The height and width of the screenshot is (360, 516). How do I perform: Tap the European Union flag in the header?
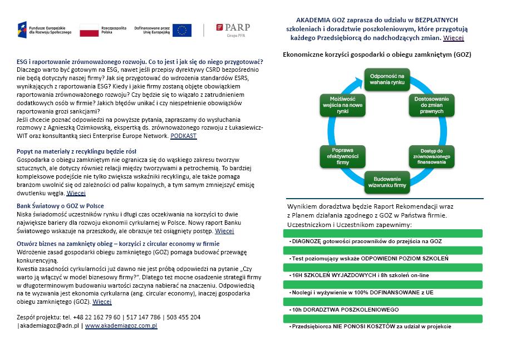pyautogui.click(x=182, y=30)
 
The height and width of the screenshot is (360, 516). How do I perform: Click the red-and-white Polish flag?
pyautogui.click(x=89, y=30)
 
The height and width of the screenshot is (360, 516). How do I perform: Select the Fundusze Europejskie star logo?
pyautogui.click(x=22, y=29)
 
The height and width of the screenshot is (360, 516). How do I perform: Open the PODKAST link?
pyautogui.click(x=183, y=136)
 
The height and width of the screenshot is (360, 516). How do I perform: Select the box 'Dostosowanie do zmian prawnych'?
pyautogui.click(x=432, y=105)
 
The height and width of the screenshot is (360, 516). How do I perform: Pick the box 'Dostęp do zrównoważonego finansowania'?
pyautogui.click(x=432, y=157)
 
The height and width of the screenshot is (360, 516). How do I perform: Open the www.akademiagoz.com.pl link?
pyautogui.click(x=121, y=326)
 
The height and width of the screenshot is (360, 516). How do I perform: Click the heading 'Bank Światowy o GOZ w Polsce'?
pyautogui.click(x=60, y=206)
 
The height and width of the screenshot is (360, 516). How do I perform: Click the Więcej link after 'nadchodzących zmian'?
pyautogui.click(x=454, y=38)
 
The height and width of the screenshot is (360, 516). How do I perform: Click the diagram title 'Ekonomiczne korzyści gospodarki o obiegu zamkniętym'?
pyautogui.click(x=377, y=55)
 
